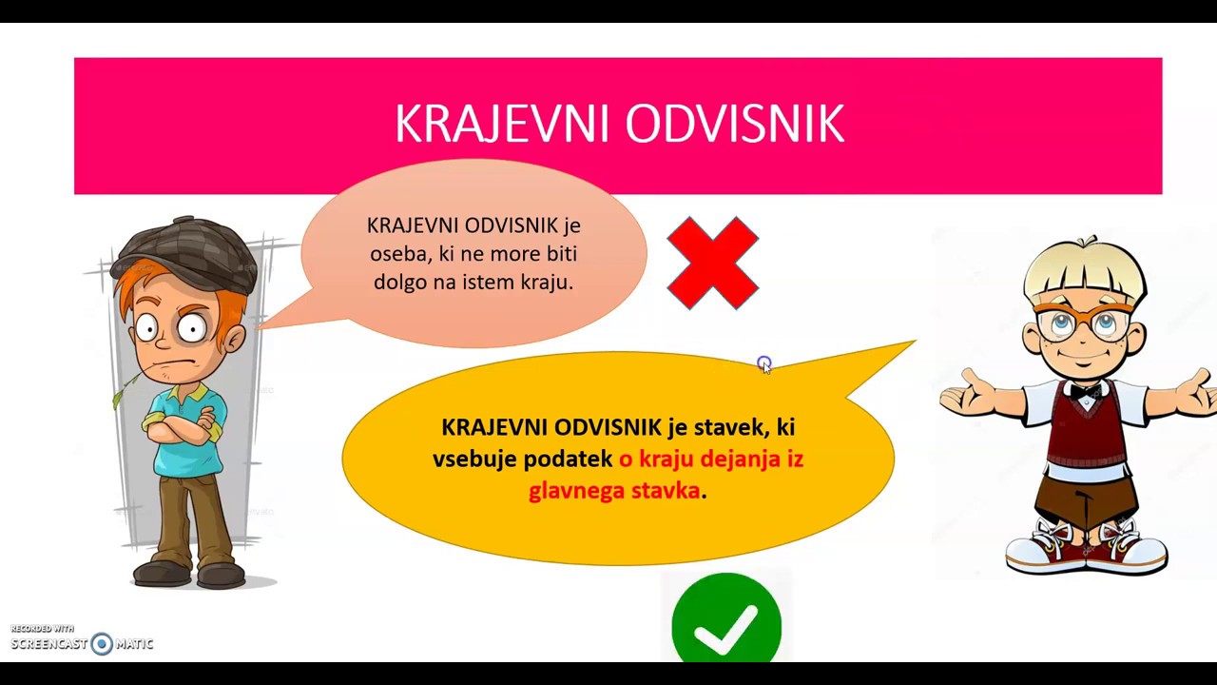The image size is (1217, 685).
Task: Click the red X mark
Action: point(713,263)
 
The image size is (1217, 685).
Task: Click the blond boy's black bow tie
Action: point(1085,391)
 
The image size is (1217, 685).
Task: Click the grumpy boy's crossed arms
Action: point(182,422)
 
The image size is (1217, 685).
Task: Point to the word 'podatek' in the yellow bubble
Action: point(568,459)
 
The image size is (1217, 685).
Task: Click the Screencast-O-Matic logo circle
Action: point(102,644)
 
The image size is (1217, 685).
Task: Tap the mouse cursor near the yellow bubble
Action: point(764,365)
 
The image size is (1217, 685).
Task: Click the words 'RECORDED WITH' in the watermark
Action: point(42,629)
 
